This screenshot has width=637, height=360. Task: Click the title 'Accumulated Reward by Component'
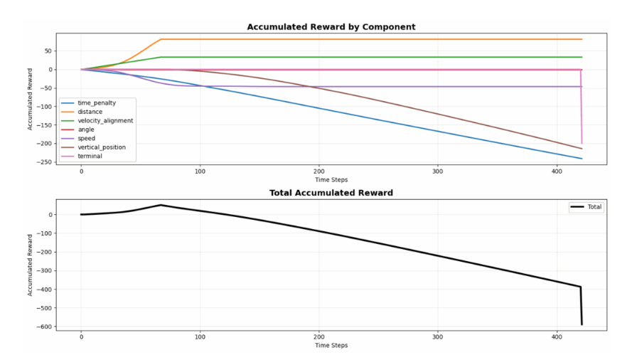point(331,27)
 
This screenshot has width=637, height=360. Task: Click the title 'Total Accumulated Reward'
point(331,193)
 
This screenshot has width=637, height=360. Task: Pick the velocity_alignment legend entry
point(105,121)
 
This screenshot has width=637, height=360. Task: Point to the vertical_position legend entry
point(103,147)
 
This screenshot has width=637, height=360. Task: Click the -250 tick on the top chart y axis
point(46,162)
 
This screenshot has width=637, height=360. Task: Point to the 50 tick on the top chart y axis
point(49,51)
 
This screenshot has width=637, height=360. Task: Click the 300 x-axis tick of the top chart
point(438,171)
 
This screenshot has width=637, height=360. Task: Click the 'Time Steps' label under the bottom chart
point(331,346)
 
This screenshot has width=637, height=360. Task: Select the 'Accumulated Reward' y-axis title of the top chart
point(31,98)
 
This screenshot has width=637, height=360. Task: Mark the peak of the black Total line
point(161,205)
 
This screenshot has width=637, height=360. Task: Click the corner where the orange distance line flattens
point(161,39)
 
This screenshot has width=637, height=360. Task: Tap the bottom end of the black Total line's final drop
point(582,324)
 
